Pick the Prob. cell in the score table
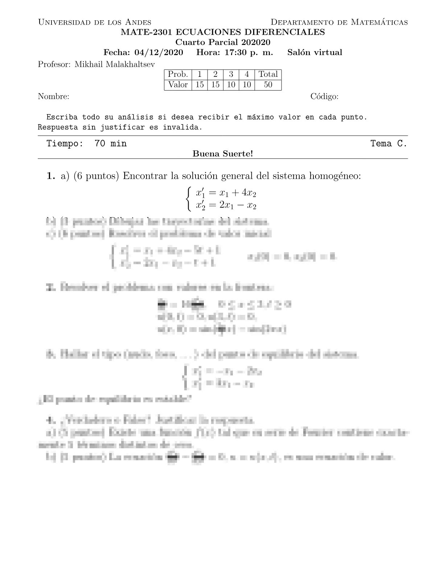(178, 74)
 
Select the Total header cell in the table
(268, 74)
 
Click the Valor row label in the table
(178, 85)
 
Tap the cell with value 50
(268, 85)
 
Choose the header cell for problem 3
(231, 74)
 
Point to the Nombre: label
(54, 97)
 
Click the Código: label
(324, 97)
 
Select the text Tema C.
(388, 144)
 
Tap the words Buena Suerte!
(222, 154)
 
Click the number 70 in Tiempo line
(100, 144)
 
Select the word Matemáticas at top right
(380, 22)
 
